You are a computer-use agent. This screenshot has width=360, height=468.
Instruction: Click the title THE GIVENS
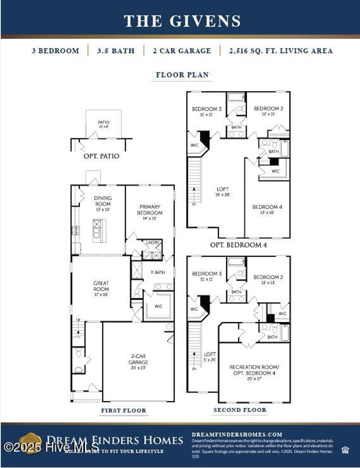(182, 21)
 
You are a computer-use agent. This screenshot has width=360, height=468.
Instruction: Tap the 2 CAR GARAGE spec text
(182, 51)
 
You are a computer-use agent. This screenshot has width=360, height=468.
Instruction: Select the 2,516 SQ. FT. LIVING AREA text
(281, 51)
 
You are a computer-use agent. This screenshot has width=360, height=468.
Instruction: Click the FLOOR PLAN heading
(182, 75)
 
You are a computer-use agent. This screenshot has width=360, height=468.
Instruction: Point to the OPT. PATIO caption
(101, 156)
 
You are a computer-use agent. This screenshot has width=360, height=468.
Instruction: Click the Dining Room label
(103, 203)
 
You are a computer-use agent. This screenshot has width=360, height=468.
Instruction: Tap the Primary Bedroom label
(150, 212)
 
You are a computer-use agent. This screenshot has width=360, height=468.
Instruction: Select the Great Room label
(101, 288)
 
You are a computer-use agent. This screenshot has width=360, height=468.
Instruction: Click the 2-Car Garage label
(138, 362)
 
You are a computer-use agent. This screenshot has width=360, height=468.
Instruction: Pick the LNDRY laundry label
(153, 243)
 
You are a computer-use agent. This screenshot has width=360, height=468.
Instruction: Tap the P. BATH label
(157, 272)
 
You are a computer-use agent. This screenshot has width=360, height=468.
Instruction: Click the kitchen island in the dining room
(99, 230)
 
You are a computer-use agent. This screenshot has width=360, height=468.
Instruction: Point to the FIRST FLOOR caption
(123, 410)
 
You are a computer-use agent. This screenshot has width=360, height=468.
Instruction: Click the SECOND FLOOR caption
(240, 410)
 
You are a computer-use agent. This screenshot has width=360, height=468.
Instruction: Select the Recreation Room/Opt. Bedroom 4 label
(254, 372)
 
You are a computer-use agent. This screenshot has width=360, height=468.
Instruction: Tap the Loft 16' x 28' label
(222, 191)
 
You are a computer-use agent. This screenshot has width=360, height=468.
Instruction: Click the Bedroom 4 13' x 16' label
(267, 209)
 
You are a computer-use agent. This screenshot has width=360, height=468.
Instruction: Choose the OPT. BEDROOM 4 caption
(238, 245)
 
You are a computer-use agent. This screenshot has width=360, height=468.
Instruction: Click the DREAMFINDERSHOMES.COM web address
(237, 435)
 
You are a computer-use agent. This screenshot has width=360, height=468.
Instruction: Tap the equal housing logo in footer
(345, 450)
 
